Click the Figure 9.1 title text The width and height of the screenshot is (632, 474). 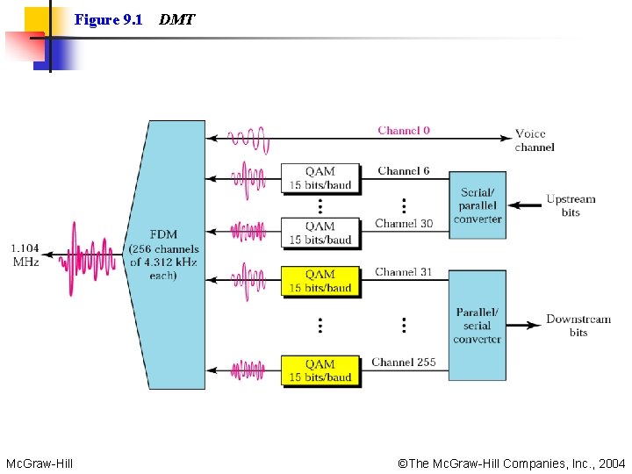[x=109, y=19]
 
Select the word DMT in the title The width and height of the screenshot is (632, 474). [x=177, y=19]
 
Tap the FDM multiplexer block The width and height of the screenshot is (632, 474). [x=167, y=255]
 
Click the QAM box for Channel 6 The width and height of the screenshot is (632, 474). [x=320, y=178]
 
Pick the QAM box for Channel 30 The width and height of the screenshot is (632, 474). [x=320, y=233]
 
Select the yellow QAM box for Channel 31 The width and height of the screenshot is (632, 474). [x=320, y=281]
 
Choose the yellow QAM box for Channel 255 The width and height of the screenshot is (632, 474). [x=320, y=370]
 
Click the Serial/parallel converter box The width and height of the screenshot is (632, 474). [x=478, y=205]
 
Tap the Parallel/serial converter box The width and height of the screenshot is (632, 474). [x=478, y=325]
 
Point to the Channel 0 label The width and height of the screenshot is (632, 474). [x=404, y=131]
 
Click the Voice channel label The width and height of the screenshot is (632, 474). [x=534, y=140]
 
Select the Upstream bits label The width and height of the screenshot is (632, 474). [x=571, y=205]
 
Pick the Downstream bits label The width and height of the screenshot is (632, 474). [x=578, y=326]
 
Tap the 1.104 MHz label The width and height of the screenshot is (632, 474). [x=25, y=255]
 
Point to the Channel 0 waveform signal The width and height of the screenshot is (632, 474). [x=248, y=138]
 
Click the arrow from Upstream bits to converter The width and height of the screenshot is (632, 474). [x=525, y=205]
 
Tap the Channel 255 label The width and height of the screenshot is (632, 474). [x=403, y=362]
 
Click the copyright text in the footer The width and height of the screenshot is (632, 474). [x=512, y=463]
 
